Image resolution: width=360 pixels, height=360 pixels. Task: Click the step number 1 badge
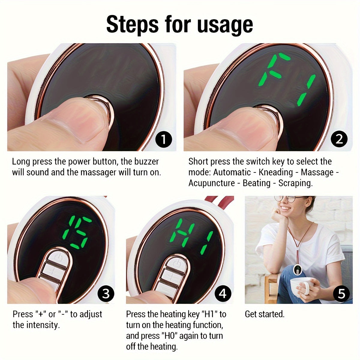[x=164, y=139]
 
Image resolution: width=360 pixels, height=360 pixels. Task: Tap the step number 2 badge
[x=339, y=139]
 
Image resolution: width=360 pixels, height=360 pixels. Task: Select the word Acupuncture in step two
[x=211, y=183]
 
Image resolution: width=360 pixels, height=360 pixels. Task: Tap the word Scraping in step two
[x=295, y=183]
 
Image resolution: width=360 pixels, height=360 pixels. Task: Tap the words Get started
[x=265, y=314]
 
